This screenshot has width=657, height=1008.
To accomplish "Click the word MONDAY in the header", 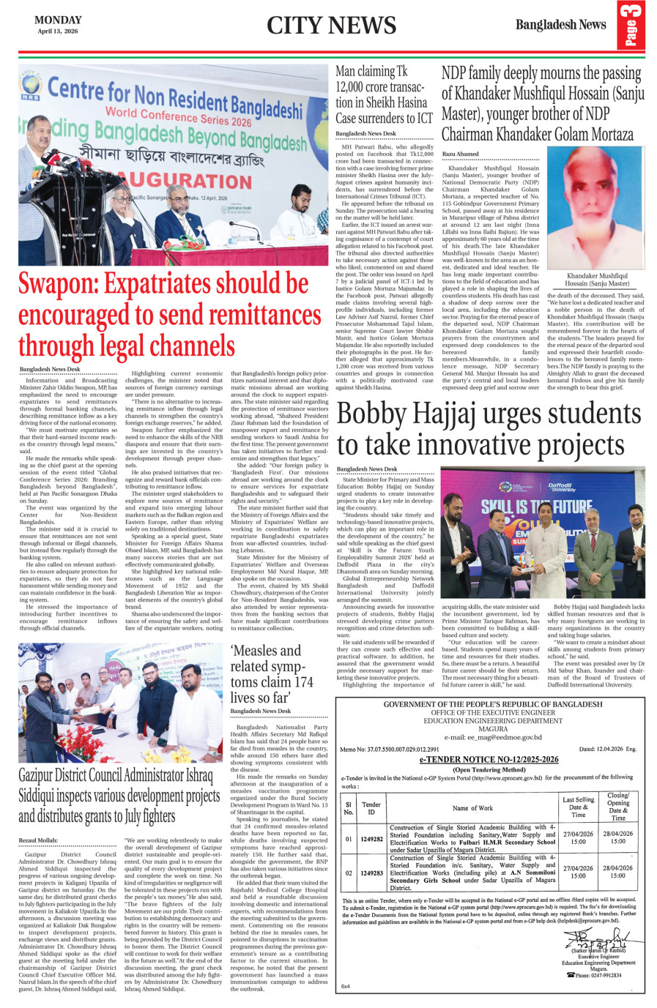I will (58, 20).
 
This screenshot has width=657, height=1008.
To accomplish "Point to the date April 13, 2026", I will (58, 31).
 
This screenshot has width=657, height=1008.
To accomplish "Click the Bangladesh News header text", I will (560, 25).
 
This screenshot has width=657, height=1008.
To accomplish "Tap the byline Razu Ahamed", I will (461, 154).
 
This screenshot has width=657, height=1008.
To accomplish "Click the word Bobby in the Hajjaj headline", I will (372, 415).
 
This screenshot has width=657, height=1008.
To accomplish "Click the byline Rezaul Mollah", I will (38, 840).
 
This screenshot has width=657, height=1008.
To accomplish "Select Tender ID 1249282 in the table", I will (371, 839).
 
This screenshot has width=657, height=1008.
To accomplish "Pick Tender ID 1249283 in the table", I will (371, 873).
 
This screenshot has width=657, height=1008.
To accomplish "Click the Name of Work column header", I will (472, 808).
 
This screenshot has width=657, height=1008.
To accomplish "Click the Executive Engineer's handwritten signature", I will (599, 939).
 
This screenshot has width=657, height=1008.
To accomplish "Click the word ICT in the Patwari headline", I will (425, 118).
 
